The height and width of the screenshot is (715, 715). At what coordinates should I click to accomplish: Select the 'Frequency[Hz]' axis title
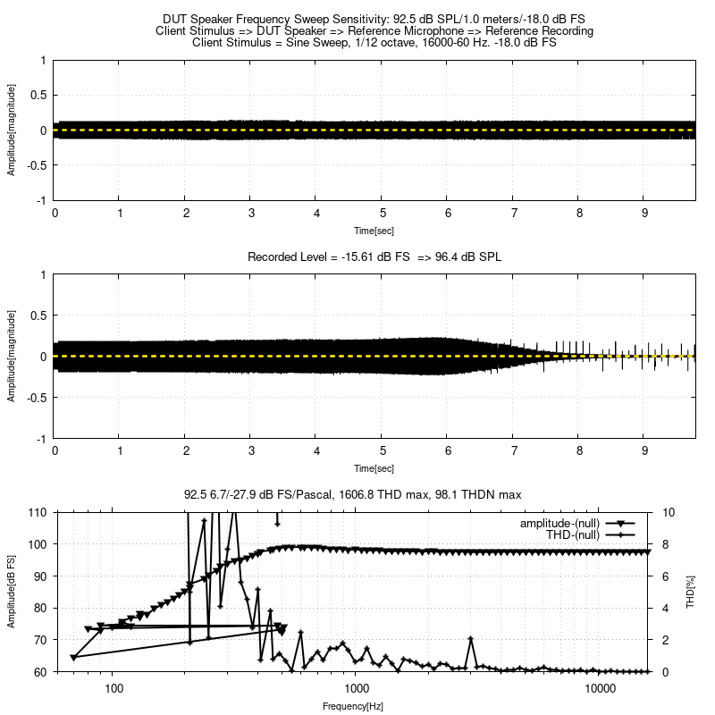pos(353,706)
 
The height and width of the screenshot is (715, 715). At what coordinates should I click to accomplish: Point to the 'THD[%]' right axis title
pos(689,593)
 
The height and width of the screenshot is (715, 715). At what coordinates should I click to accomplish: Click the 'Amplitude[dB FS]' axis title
pos(12,593)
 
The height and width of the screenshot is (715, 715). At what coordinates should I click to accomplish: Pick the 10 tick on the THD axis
pos(669,512)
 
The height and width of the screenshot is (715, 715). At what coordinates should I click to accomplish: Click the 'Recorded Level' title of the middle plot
pos(374,257)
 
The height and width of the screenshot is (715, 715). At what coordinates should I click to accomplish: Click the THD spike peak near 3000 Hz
pos(471,638)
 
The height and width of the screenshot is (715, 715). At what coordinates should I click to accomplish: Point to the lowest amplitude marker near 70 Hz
pos(73,658)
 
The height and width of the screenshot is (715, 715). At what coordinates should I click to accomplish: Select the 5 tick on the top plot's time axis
pos(383,214)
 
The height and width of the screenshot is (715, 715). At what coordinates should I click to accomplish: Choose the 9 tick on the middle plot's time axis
pos(645,452)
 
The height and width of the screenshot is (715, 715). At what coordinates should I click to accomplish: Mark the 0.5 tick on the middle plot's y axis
pos(38,315)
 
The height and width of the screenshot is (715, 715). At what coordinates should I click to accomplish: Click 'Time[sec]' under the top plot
pos(374,230)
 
